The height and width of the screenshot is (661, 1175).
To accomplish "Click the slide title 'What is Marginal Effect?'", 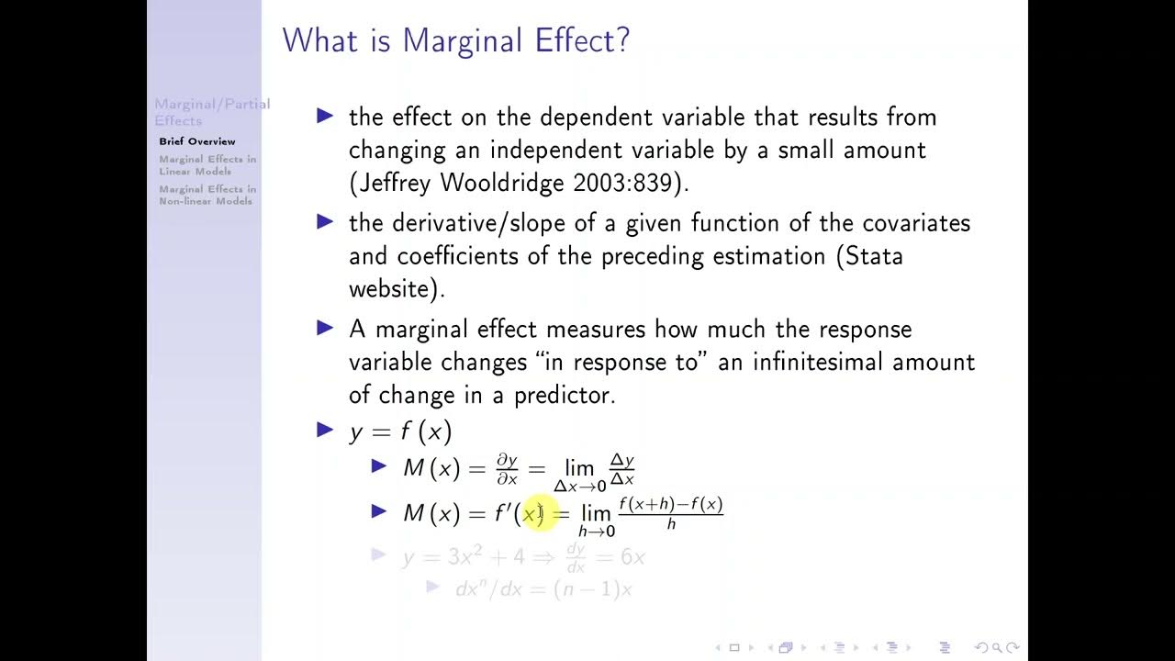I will [455, 41].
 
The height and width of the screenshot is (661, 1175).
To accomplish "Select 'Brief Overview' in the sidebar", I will [196, 141].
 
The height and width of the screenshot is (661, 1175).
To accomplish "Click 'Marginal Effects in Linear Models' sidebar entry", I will [207, 165].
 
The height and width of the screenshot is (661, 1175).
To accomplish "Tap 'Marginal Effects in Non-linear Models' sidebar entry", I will [207, 195].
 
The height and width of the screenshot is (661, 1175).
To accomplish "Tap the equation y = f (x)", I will [400, 431].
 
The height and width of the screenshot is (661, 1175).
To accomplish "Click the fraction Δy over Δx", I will [622, 469].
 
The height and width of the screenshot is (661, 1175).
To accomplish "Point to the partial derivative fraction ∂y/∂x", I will [507, 468].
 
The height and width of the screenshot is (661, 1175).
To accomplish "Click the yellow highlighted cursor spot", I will [533, 514].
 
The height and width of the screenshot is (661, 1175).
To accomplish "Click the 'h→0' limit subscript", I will [596, 532].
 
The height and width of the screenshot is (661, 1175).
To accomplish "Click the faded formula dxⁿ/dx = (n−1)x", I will [543, 589].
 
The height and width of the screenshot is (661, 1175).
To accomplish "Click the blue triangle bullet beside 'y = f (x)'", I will [325, 430].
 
